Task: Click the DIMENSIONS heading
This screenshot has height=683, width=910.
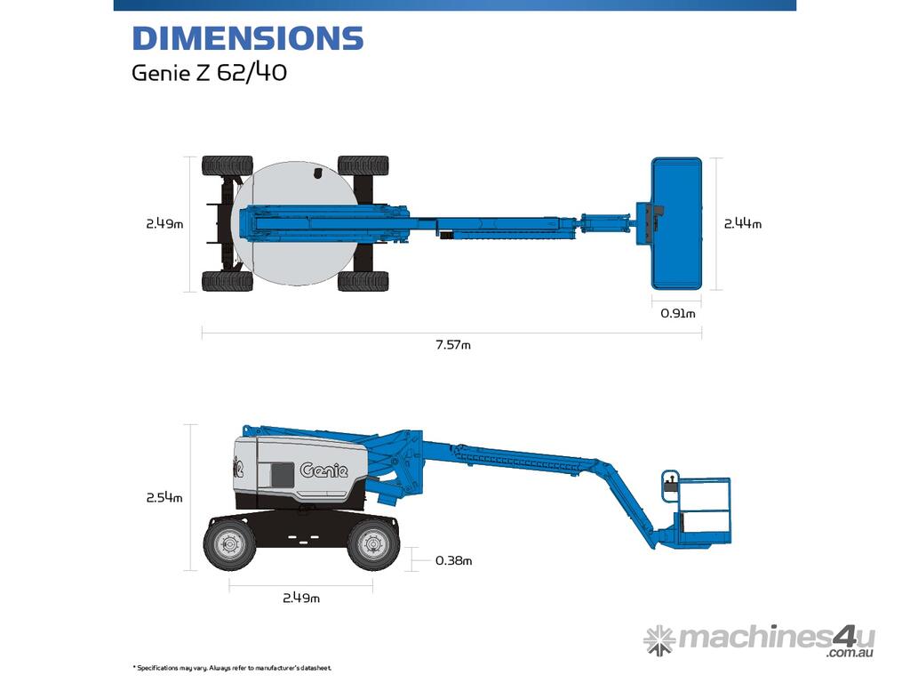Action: coord(248,38)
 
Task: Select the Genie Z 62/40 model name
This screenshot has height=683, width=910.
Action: coord(209,73)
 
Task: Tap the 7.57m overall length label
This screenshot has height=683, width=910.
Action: coord(452,345)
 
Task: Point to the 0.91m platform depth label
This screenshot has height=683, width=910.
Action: coord(677,314)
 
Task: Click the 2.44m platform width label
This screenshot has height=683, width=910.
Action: coord(742,223)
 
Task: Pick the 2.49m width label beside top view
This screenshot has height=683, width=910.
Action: coord(164,223)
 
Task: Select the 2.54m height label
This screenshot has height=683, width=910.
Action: coord(164,498)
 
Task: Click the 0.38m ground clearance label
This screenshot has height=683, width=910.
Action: coord(453,560)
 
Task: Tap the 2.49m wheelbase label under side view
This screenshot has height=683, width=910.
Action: coord(300,598)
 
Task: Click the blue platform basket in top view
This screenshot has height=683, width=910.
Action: coord(676,223)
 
